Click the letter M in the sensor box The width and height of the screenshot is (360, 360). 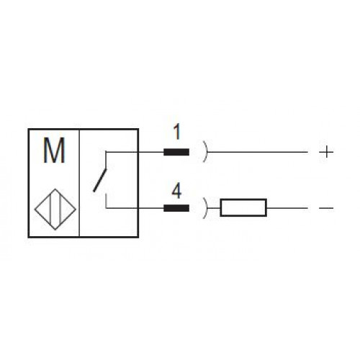coord(54,150)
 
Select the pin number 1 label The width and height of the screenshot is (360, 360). coord(177,132)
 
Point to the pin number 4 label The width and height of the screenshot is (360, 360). coord(177,191)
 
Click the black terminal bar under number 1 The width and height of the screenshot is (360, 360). coord(176,152)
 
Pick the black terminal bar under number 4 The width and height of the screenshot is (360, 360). coord(176,208)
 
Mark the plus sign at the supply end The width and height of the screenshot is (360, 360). coord(326,152)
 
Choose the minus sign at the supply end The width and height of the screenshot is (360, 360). coord(326,208)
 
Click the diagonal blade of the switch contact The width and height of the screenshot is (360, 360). coord(99,181)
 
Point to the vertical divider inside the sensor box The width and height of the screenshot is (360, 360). coord(79,183)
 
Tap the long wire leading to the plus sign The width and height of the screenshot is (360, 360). coord(257,152)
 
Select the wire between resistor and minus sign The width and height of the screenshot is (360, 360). coord(287,208)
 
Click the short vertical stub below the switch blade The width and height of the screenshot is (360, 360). coord(106,201)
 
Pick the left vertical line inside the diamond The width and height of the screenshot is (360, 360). coord(50,210)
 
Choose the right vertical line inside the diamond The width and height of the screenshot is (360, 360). coord(60,210)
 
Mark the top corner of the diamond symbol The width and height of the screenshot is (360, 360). coord(55,189)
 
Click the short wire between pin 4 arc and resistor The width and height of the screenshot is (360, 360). coord(214,208)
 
